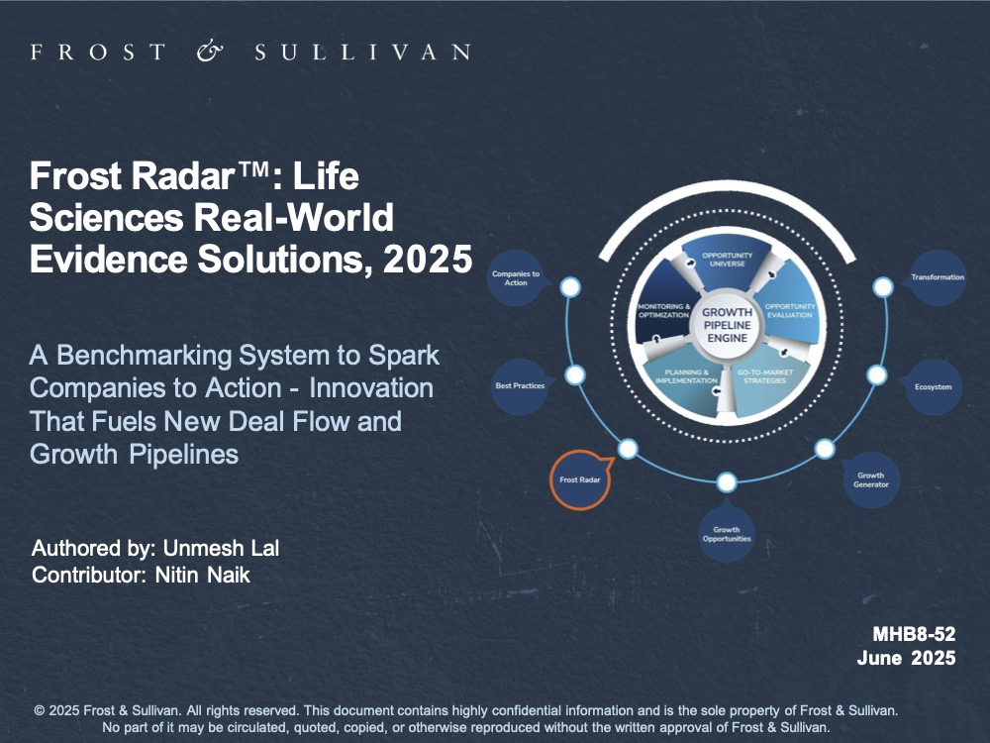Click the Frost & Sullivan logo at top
[x=249, y=51]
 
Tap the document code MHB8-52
[x=914, y=634]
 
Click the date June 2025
[x=906, y=659]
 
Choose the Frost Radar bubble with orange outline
[x=580, y=479]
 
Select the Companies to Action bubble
[x=516, y=278]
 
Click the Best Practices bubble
[x=520, y=385]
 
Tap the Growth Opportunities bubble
[x=727, y=534]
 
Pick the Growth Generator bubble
[x=870, y=480]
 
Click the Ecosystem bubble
[x=932, y=386]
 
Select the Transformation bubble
[x=937, y=277]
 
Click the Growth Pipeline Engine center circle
[x=727, y=325]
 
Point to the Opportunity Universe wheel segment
[x=728, y=260]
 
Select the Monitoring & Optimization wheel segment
[x=664, y=310]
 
